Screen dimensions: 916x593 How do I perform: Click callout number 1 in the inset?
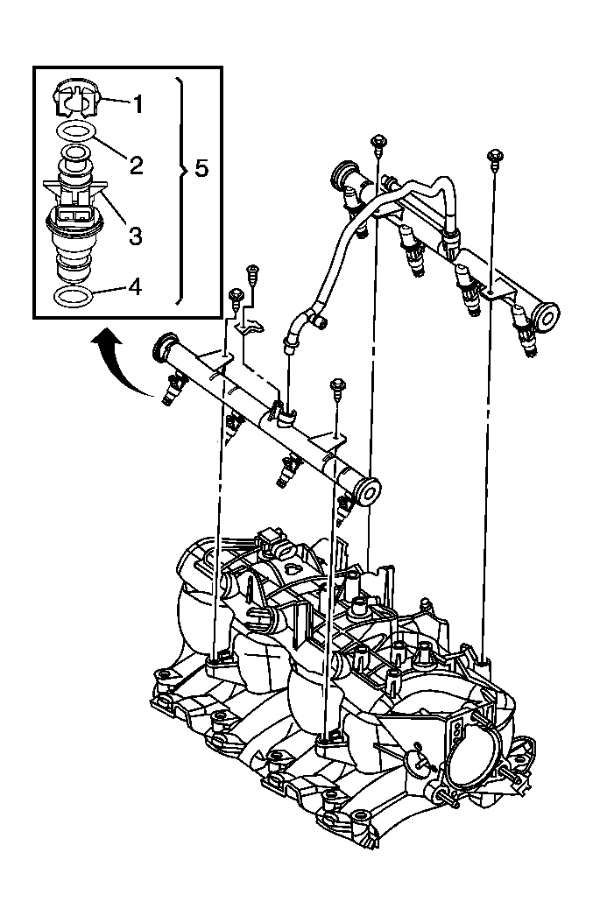click(x=137, y=102)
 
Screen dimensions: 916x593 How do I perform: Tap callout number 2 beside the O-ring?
click(x=136, y=164)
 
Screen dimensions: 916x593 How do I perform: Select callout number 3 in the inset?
click(x=135, y=234)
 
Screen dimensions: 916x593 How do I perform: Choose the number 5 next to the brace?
click(x=201, y=168)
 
